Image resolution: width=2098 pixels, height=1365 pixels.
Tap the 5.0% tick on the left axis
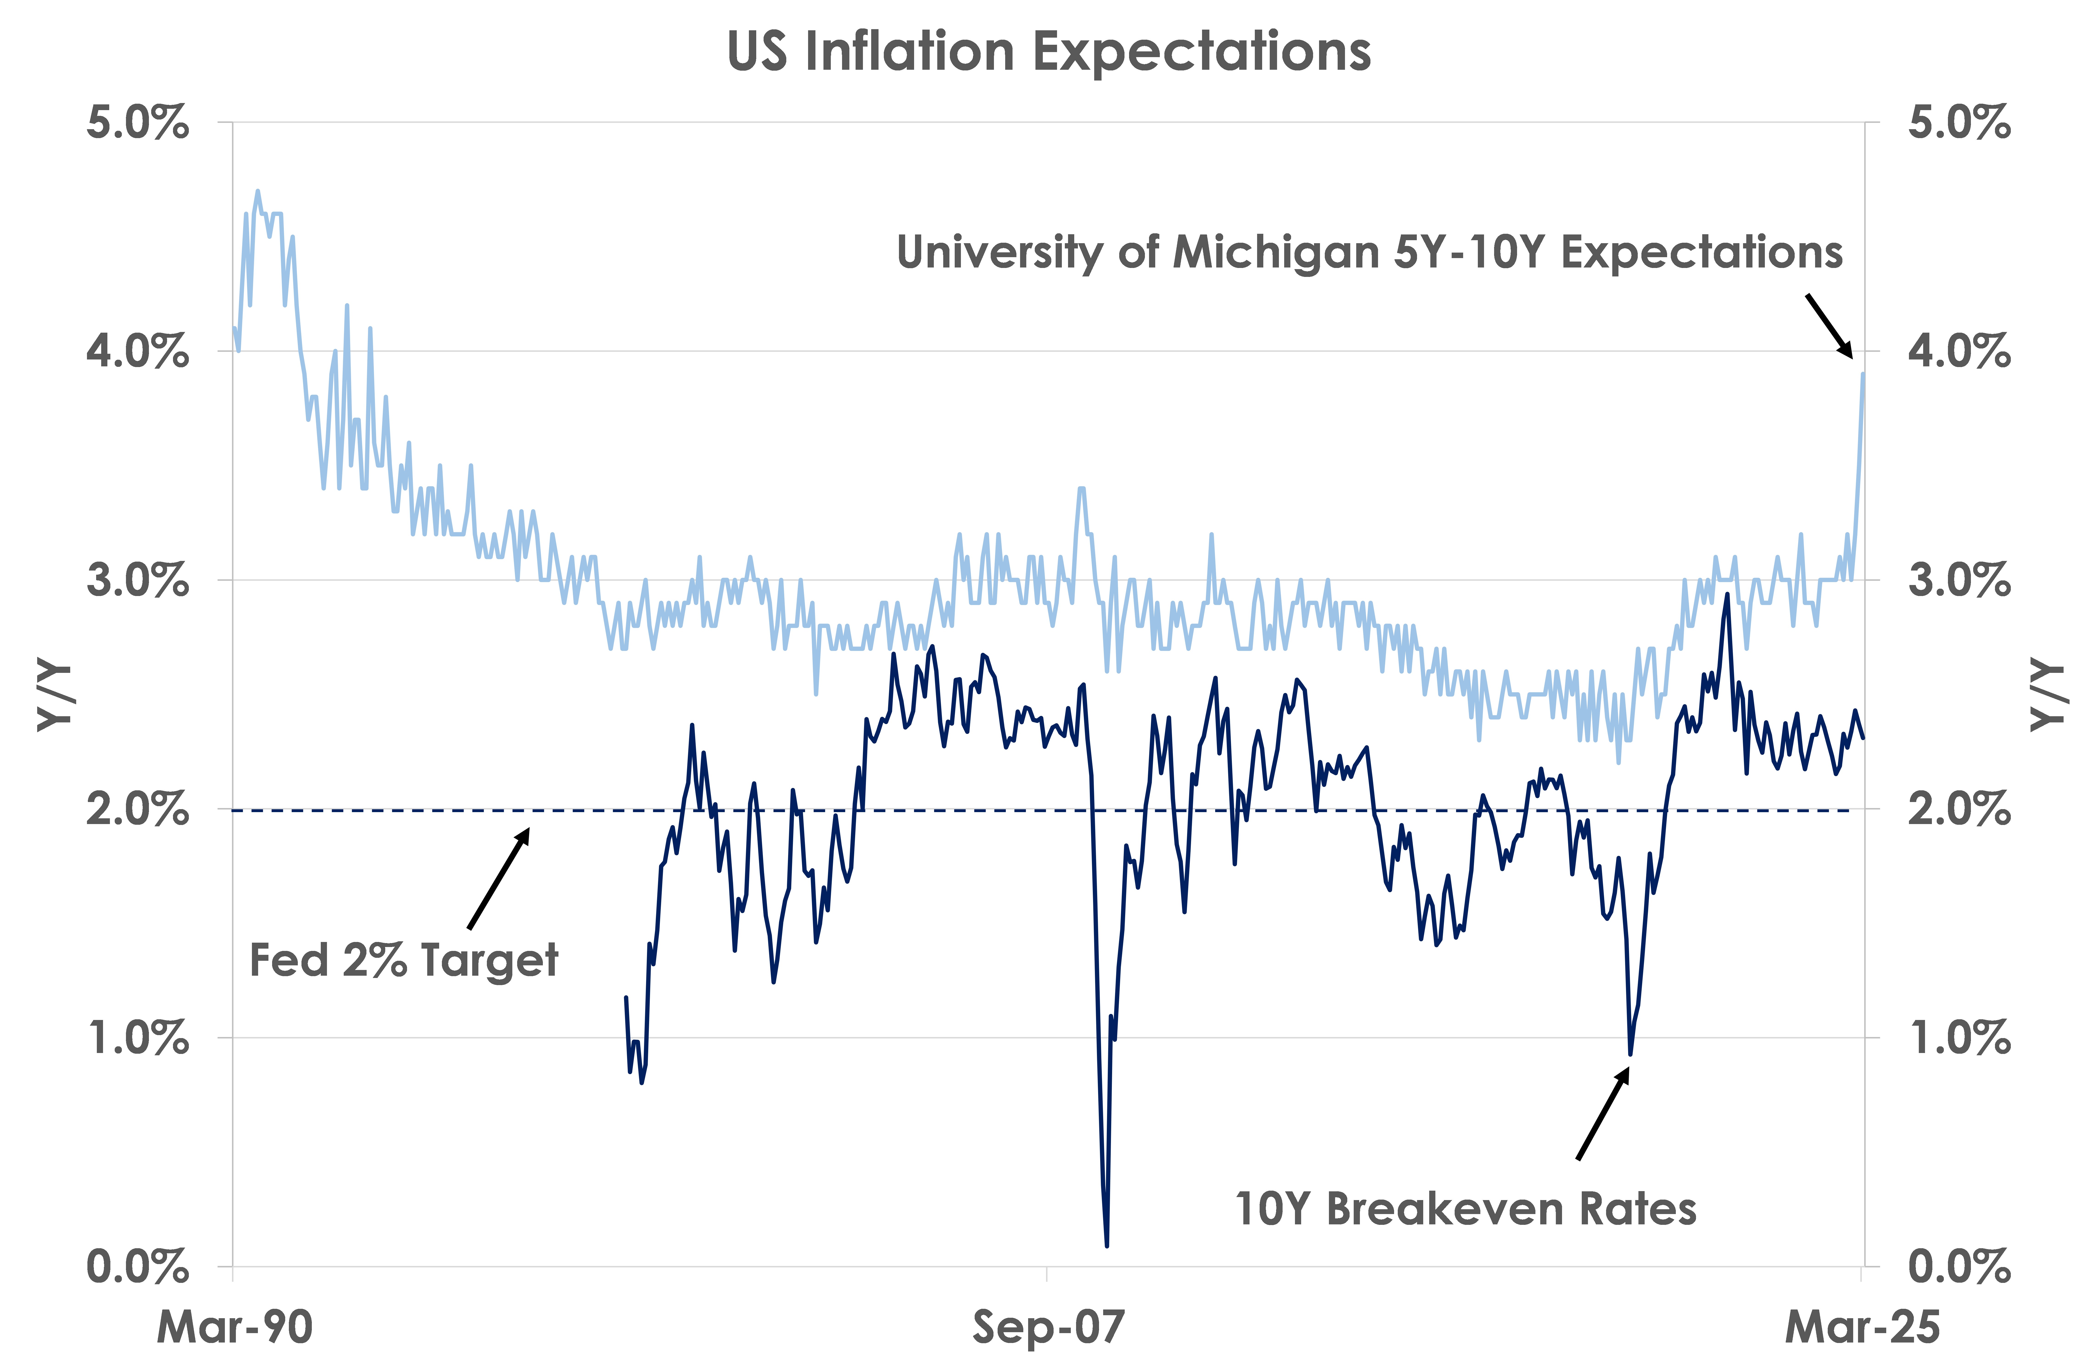coord(137,122)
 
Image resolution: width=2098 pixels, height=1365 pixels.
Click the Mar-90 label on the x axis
coord(234,1326)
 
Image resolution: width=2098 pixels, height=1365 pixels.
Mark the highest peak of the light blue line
coord(257,190)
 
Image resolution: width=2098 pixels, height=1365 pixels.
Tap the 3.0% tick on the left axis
coord(137,580)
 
